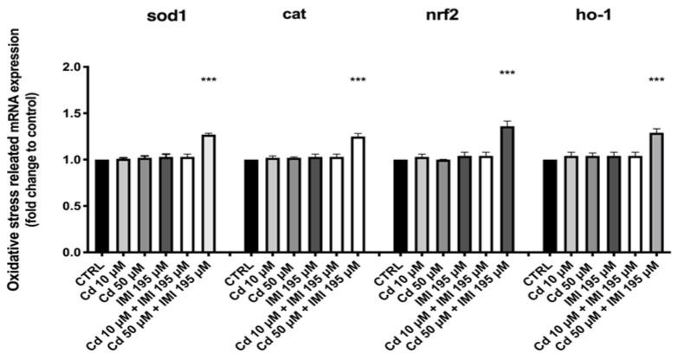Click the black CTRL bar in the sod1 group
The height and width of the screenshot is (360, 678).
point(102,206)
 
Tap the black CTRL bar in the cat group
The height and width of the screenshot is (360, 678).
point(251,206)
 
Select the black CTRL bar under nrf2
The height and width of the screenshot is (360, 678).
point(401,206)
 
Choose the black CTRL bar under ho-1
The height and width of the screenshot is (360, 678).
point(550,206)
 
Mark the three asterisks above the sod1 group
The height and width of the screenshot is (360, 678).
point(208,80)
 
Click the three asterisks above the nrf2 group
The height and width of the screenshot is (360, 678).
point(507,74)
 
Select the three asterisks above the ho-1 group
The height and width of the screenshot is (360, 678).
point(656,80)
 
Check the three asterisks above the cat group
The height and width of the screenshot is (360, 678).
point(358,80)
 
